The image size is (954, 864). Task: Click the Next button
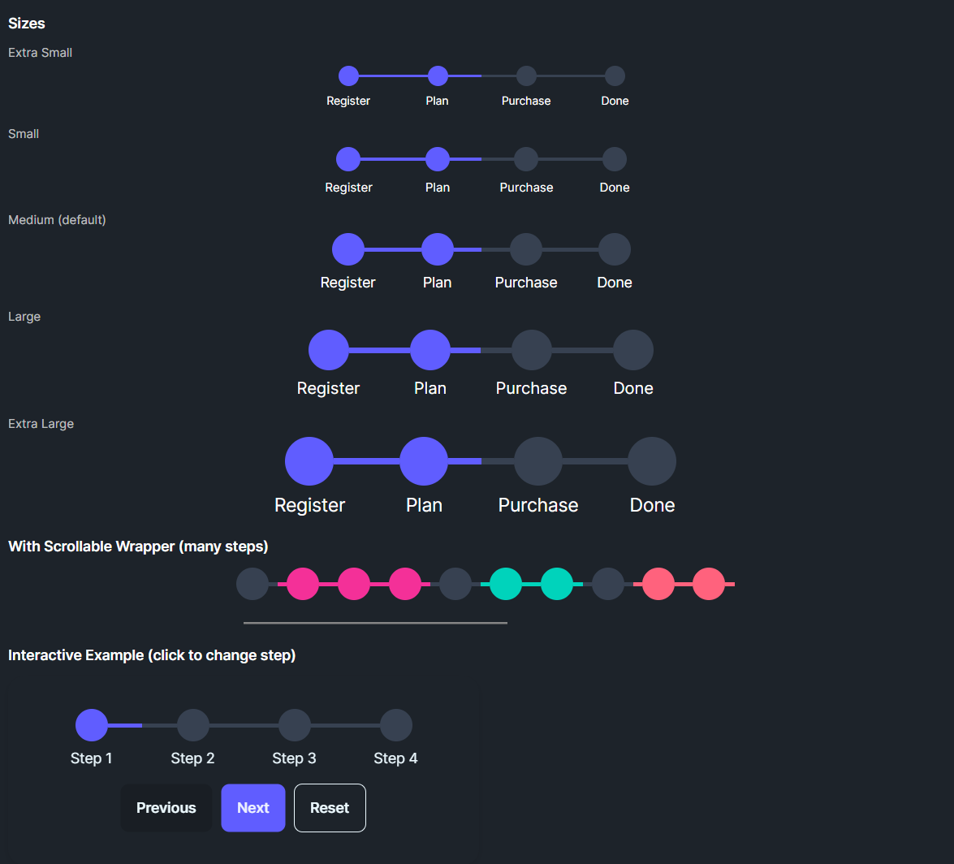point(253,808)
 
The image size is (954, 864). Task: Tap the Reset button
point(330,808)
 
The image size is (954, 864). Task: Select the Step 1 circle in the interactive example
point(92,725)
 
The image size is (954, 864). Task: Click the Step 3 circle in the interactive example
point(295,725)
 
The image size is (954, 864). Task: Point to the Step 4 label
point(395,758)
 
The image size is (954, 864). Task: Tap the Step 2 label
point(192,758)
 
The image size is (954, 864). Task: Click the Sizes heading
point(27,24)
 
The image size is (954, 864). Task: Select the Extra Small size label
point(40,53)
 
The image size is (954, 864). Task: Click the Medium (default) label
point(57,220)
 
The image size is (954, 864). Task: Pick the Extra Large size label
point(41,424)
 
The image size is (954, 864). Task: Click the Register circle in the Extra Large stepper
point(309,461)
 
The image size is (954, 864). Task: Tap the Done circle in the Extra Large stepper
point(652,461)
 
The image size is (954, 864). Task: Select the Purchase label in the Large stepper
point(531,388)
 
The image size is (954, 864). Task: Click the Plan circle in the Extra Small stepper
point(438,76)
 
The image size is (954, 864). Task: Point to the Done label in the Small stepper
point(615,188)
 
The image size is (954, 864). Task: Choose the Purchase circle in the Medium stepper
point(526,249)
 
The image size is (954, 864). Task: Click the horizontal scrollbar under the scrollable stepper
point(375,623)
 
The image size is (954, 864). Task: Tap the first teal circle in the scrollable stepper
point(507,584)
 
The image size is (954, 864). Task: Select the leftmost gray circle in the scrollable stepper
point(253,584)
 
